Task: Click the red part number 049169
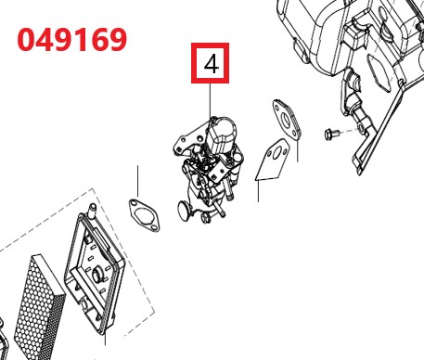71,39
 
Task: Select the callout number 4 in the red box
212,64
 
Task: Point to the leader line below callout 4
211,100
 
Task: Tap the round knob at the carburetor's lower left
184,211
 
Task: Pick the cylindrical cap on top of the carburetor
221,135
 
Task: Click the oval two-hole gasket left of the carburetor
144,215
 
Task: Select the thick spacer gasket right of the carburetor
287,119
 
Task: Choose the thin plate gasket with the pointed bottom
273,160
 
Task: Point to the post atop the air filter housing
93,210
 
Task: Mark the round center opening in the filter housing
97,274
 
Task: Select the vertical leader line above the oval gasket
138,181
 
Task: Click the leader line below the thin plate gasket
259,191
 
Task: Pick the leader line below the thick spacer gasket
298,150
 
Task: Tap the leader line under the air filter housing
105,338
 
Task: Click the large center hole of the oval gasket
144,215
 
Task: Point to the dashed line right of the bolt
349,130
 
